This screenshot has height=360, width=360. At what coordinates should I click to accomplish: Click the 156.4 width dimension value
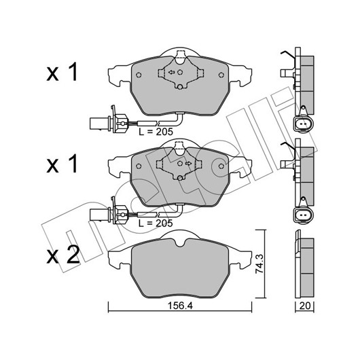pos(180,306)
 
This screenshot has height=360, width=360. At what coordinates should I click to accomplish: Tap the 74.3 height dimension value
pos(259,264)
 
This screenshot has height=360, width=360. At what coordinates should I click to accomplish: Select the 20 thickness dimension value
pos(305,306)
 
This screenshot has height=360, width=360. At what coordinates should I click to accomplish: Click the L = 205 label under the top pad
pos(156,132)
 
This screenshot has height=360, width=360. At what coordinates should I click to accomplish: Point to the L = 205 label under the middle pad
pos(156,223)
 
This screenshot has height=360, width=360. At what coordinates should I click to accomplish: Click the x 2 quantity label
pos(63,255)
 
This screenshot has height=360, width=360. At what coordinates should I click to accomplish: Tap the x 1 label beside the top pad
pos(62,73)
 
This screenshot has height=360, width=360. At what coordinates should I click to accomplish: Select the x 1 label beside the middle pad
pos(62,164)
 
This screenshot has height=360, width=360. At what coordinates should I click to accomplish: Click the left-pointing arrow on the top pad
pos(171,72)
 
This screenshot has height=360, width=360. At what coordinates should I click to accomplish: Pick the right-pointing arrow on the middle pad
pos(189,164)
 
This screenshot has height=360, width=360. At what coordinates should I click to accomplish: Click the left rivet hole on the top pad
pos(139,75)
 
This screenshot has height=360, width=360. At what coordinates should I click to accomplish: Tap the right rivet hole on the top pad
pos(221,75)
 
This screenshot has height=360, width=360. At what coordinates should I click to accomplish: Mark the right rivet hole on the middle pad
pos(221,166)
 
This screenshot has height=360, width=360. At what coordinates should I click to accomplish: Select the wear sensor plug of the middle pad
pos(108,214)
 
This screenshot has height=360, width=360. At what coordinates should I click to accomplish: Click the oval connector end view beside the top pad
pos(303,124)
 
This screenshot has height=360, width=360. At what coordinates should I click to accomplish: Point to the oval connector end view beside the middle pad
pos(303,215)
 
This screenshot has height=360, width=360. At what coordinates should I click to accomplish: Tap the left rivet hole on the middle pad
pos(139,166)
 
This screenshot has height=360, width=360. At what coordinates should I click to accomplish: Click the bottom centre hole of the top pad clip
pos(180,87)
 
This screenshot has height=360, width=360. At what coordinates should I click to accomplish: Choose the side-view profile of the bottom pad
pos(304,265)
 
